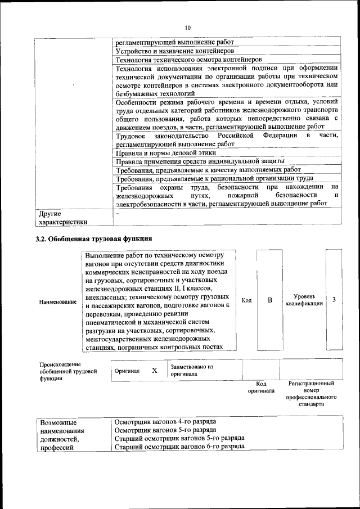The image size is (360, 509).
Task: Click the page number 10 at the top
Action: [x=188, y=27]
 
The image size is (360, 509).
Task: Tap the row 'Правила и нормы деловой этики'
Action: [x=164, y=152]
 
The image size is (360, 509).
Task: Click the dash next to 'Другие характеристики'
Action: [x=118, y=214]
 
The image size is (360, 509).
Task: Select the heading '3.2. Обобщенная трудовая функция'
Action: [x=93, y=240]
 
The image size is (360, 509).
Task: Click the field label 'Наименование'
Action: [x=58, y=302]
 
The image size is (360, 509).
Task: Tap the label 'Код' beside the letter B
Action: [x=246, y=300]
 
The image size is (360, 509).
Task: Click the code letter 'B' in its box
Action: [x=269, y=300]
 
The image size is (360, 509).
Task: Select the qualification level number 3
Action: [x=334, y=300]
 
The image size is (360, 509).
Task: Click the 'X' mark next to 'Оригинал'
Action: [x=154, y=371]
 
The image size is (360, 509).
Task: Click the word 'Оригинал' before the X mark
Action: [x=127, y=372]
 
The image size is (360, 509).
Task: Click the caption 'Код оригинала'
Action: [x=261, y=387]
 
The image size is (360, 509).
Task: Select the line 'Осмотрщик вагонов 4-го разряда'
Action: [x=165, y=422]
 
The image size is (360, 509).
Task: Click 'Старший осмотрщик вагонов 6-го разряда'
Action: [x=179, y=446]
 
